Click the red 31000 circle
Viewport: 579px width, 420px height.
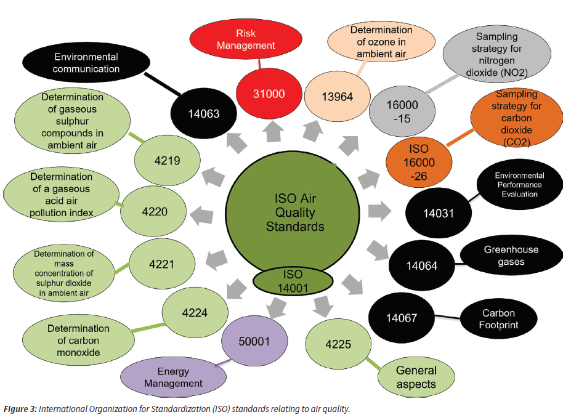pos(269,94)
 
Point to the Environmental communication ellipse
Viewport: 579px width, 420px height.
pos(86,63)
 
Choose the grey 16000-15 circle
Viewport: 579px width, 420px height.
pos(403,111)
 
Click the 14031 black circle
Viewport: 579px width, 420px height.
pos(439,213)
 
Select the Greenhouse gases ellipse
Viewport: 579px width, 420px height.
pos(511,256)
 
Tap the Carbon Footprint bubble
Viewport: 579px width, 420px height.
pos(499,318)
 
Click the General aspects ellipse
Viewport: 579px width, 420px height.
pos(416,377)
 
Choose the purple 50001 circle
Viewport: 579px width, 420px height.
pos(254,340)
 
